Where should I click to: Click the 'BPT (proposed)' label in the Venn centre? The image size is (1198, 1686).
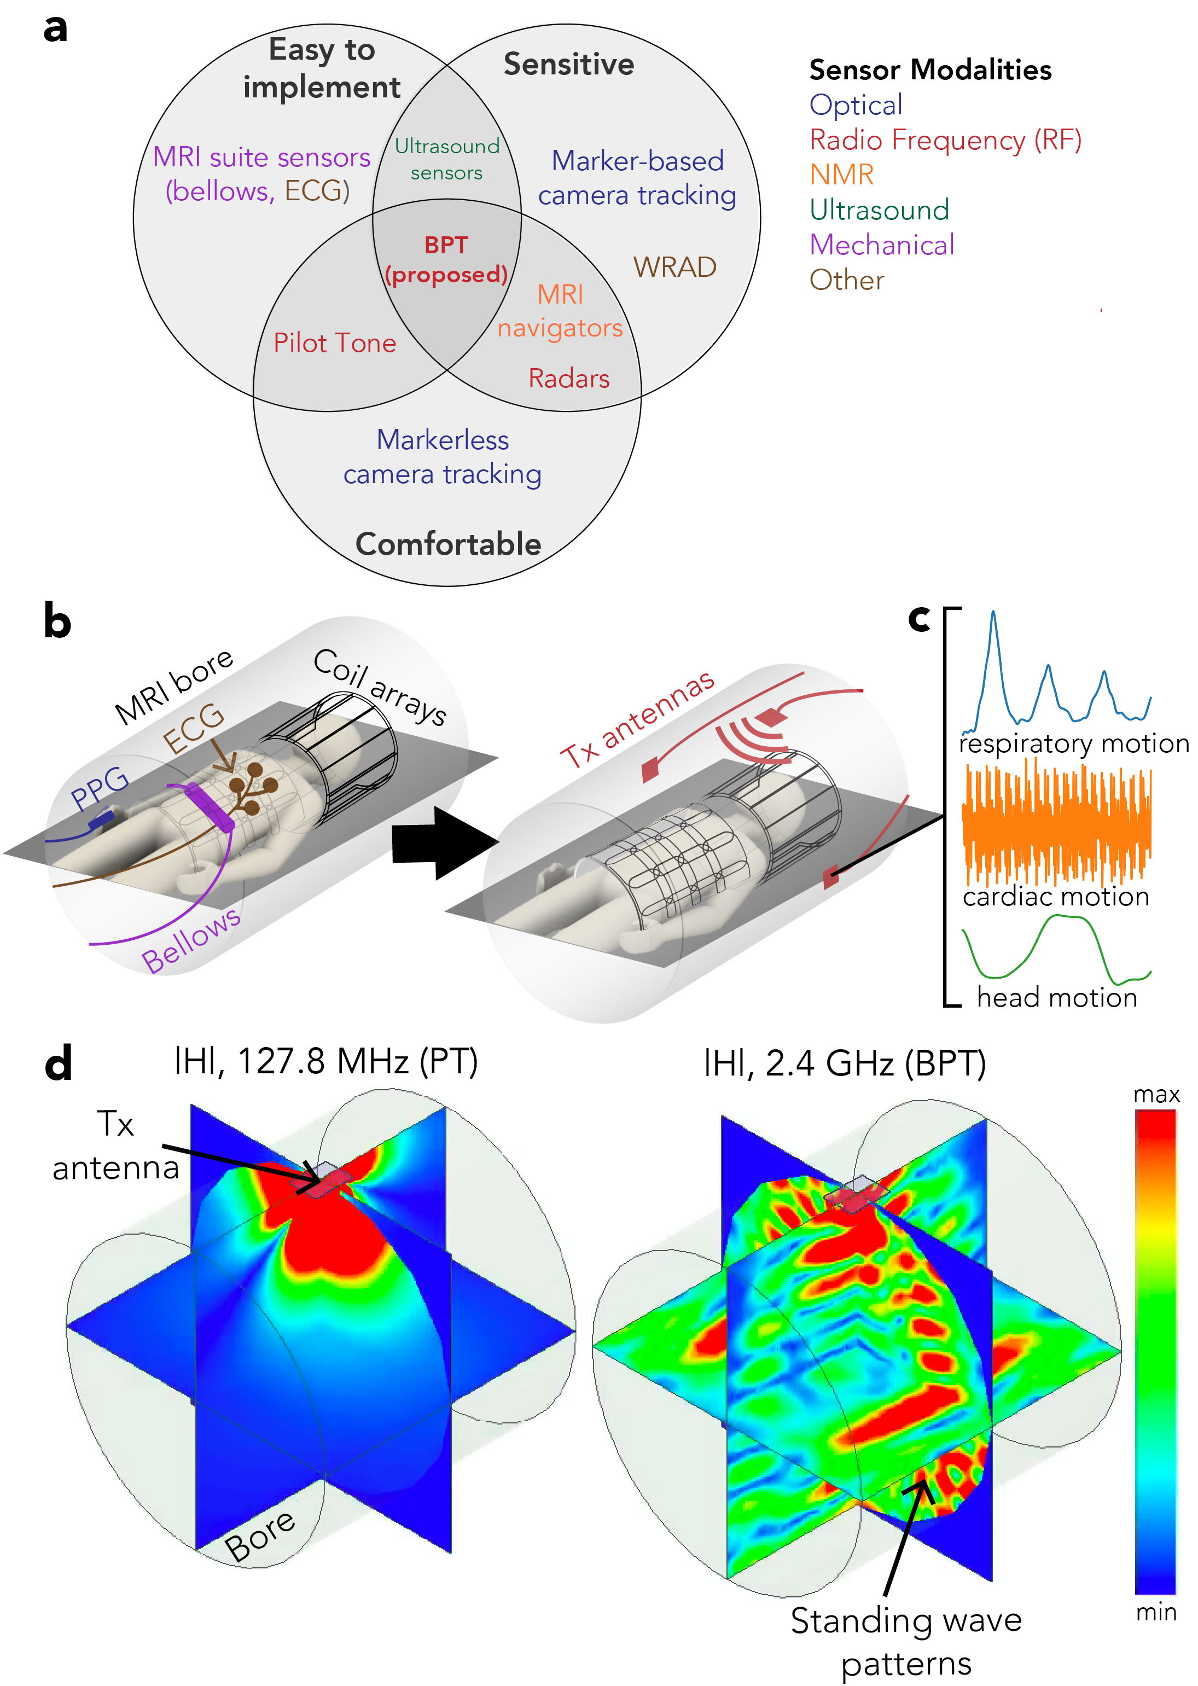tap(446, 260)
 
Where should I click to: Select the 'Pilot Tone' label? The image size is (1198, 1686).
tap(334, 343)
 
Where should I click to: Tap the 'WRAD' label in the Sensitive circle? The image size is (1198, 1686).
tap(674, 267)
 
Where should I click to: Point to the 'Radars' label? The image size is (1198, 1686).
tap(569, 379)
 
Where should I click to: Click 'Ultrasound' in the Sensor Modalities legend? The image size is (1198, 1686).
tap(879, 210)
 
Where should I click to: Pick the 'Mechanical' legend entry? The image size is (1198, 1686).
tap(881, 245)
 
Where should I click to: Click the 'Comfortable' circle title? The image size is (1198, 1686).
tap(448, 544)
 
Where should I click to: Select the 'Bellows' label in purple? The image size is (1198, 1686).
tap(190, 940)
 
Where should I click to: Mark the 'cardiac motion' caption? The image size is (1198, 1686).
tap(1056, 896)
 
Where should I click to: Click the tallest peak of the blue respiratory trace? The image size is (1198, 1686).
tap(993, 613)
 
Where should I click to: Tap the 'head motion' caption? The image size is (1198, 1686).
tap(1056, 997)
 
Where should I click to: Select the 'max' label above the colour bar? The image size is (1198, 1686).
tap(1156, 1095)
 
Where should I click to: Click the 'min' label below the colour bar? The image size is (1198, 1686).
tap(1156, 1613)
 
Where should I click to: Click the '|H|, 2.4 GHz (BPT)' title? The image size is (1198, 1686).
tap(845, 1063)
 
